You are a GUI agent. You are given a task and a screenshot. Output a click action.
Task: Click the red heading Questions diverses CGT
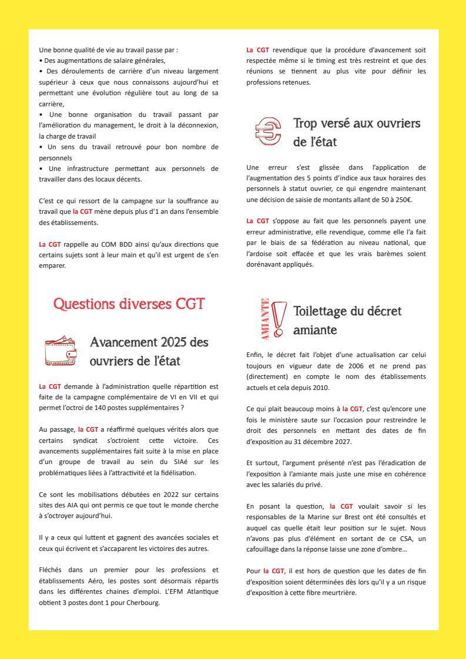pos(129,304)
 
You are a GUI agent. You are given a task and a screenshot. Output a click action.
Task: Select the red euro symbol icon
pos(267,132)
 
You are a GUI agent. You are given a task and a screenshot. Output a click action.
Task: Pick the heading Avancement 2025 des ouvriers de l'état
pos(149,351)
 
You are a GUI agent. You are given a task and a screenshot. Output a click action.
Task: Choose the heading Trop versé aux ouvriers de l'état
pos(357,133)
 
